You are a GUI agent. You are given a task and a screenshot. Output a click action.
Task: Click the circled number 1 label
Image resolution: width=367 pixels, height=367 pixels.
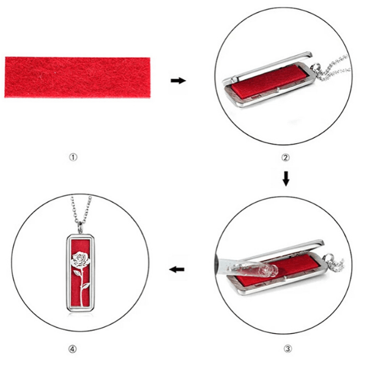pos(73,157)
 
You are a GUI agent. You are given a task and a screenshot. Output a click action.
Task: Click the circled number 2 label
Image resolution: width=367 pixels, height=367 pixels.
pos(285,158)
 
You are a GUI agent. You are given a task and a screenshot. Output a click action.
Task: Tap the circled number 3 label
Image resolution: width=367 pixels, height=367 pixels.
pos(287,349)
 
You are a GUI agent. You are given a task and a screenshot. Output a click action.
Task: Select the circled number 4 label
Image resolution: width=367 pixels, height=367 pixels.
pos(72,349)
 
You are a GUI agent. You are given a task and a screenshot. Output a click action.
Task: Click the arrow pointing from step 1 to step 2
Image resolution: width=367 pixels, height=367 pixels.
pos(179,81)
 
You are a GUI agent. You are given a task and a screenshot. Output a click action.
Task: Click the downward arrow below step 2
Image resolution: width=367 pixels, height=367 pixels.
pos(286,179)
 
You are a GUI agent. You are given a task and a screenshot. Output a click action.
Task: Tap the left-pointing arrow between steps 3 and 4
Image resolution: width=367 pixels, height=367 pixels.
pos(177,270)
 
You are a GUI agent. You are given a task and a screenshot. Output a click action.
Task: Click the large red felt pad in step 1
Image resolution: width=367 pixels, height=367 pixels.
pos(78,77)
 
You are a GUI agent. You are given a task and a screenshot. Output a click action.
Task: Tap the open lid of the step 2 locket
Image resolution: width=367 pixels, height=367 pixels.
pos(267,67)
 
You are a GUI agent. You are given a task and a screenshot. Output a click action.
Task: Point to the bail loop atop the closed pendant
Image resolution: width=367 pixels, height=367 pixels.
pos(80,228)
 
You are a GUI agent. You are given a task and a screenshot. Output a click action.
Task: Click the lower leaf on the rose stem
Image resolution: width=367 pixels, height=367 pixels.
pos(86,286)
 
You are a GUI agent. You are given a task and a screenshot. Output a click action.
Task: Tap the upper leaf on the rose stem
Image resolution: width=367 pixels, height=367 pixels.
pos(77,272)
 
